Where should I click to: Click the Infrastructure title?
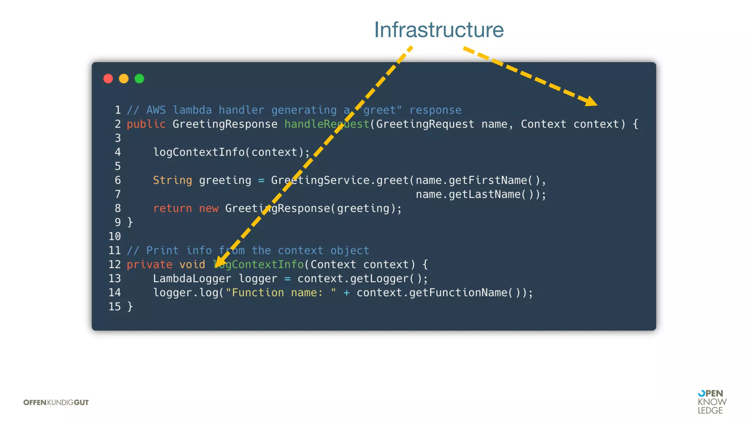(x=439, y=30)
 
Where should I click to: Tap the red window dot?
(x=108, y=79)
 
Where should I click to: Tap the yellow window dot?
(x=124, y=79)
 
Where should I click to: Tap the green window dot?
(x=140, y=79)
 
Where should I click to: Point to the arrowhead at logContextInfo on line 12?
(x=220, y=261)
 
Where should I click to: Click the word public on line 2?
(x=146, y=124)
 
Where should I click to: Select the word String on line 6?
(x=172, y=181)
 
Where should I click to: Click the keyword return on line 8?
(x=172, y=209)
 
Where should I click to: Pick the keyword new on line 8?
(x=209, y=209)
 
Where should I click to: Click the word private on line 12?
(x=149, y=265)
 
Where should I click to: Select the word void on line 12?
(x=192, y=265)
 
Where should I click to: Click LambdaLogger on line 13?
(x=192, y=279)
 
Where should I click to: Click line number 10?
(x=114, y=236)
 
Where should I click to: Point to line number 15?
(x=114, y=307)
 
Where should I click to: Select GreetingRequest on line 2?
(x=425, y=124)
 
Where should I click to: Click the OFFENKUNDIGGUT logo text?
(x=56, y=402)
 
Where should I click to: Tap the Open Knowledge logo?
(x=711, y=402)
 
